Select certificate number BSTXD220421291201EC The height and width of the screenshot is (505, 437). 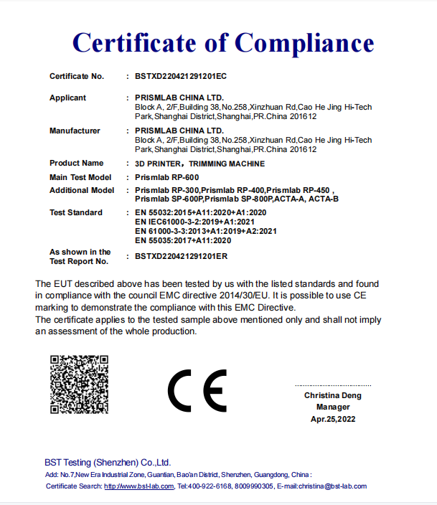181,75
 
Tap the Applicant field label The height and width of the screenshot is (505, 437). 67,98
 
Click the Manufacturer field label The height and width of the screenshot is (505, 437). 75,131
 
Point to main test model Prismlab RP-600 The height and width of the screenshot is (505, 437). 167,176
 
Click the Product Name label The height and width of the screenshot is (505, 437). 76,163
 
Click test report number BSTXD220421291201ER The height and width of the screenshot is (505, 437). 181,255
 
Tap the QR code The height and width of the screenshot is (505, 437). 78,384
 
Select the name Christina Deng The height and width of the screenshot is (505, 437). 332,395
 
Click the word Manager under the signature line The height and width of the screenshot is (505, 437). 332,407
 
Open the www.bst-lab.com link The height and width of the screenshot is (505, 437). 138,486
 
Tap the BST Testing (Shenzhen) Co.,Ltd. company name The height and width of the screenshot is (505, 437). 108,463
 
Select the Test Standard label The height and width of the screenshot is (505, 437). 75,212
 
